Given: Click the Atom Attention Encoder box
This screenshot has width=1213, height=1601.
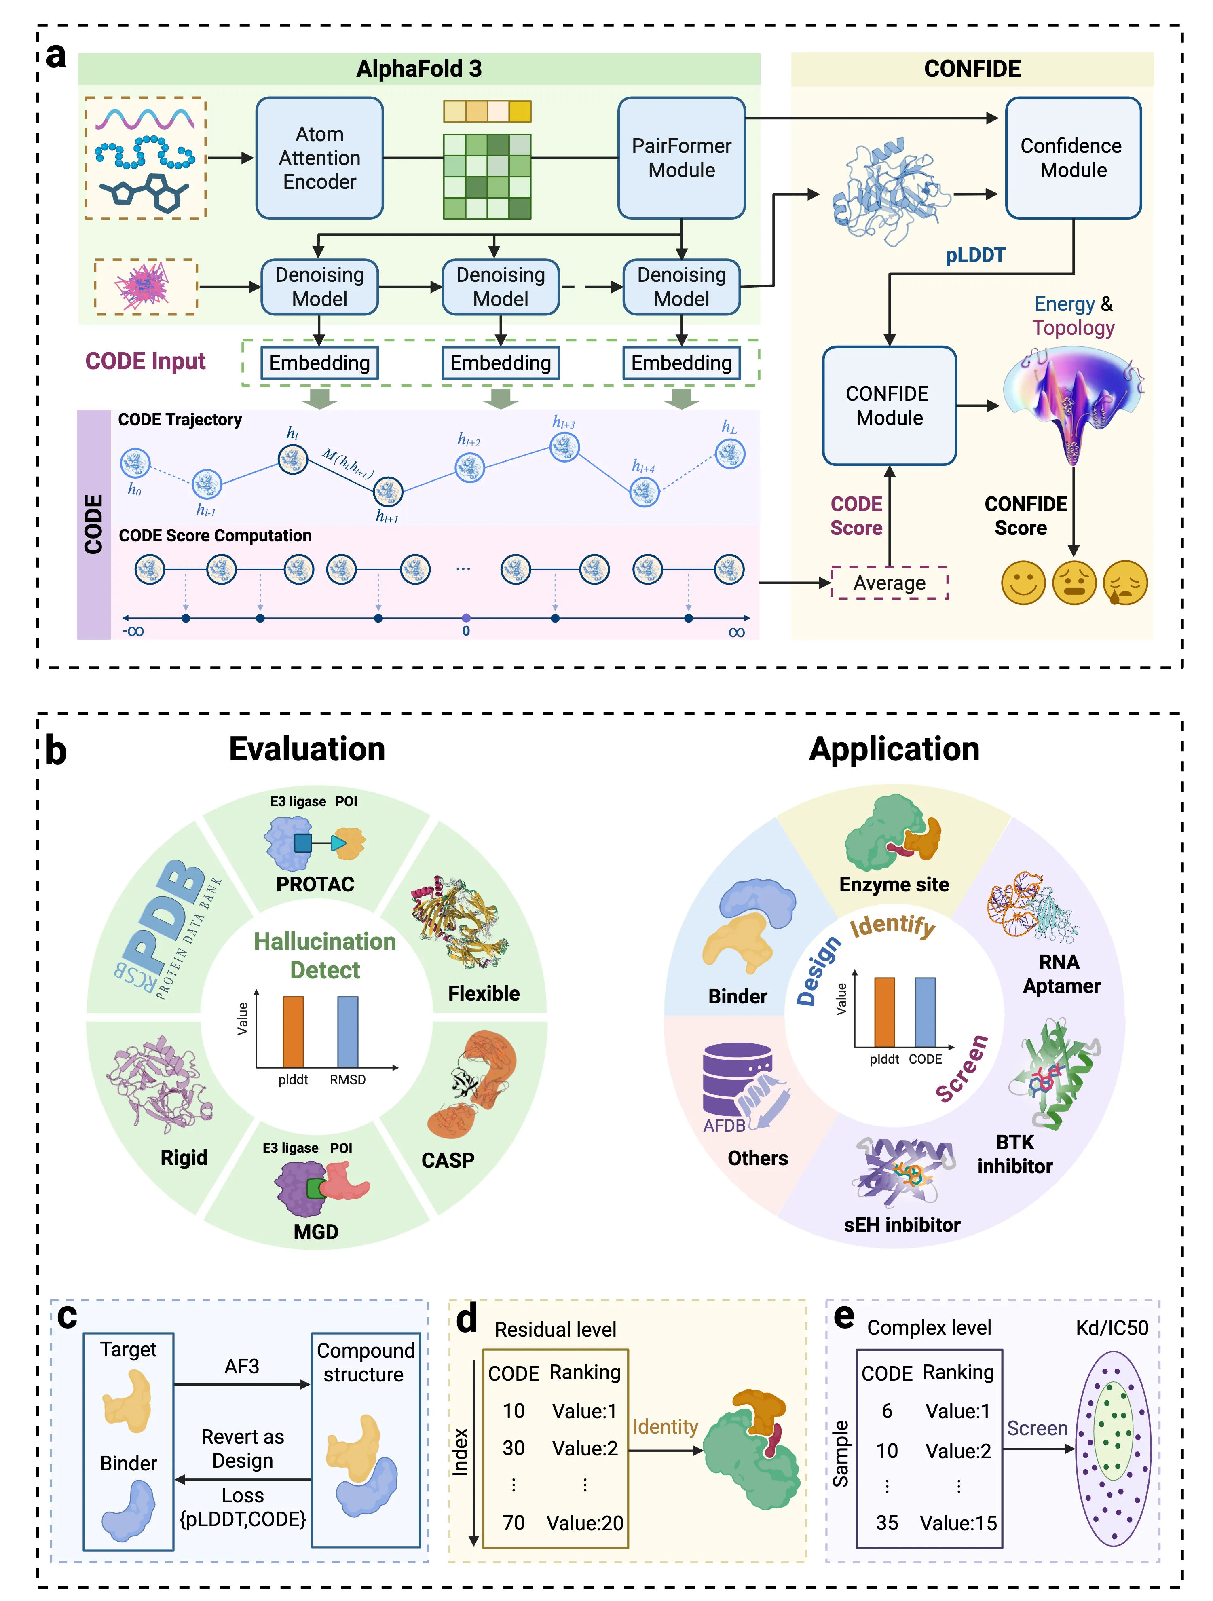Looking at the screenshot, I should [319, 158].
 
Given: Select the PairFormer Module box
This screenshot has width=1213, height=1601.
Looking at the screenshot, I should [681, 158].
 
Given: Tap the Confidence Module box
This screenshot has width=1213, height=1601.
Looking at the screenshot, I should [1073, 158].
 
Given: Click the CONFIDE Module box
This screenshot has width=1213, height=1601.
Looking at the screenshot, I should [889, 406].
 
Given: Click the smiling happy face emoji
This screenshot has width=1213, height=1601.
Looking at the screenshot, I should [1023, 583].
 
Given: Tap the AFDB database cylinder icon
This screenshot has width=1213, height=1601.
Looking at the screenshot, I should [737, 1078].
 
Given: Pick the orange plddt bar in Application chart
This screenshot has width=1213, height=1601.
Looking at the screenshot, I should [884, 1012].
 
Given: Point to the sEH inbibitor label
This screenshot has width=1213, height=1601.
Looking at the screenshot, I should [902, 1225].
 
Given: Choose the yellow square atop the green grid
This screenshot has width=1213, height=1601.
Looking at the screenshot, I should [520, 112].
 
